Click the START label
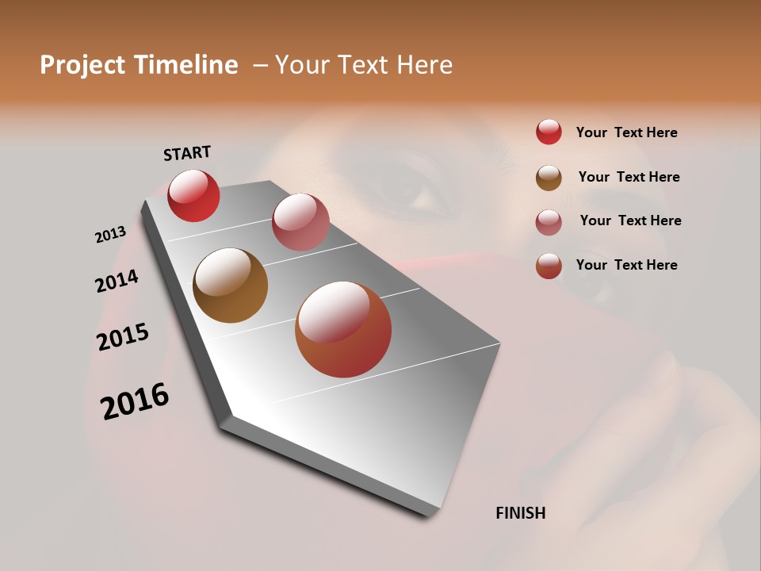click(x=187, y=152)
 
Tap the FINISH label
click(x=521, y=513)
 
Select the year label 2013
click(x=110, y=235)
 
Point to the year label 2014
click(x=117, y=281)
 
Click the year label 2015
click(x=123, y=337)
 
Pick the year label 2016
click(x=135, y=401)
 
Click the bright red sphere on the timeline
click(x=193, y=196)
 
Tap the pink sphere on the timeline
click(x=300, y=222)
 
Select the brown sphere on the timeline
click(x=230, y=285)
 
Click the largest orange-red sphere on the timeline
click(x=343, y=329)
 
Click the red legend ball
click(x=549, y=132)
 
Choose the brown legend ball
click(x=549, y=178)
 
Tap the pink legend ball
click(x=549, y=222)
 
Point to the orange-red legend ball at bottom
click(x=549, y=266)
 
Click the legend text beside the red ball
click(x=626, y=132)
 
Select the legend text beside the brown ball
click(x=629, y=177)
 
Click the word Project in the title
click(x=83, y=65)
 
